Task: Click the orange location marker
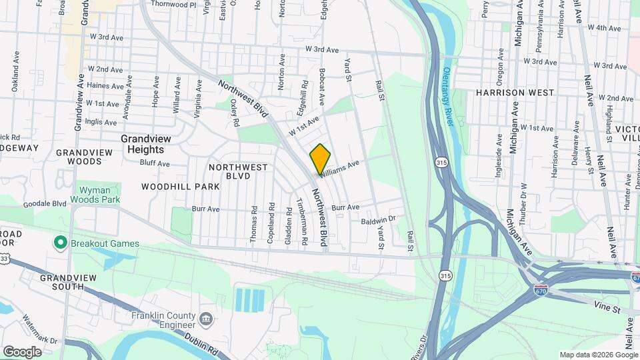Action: point(320,159)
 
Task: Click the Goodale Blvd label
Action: point(45,203)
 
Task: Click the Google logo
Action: point(22,351)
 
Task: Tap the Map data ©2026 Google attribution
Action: point(598,355)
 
